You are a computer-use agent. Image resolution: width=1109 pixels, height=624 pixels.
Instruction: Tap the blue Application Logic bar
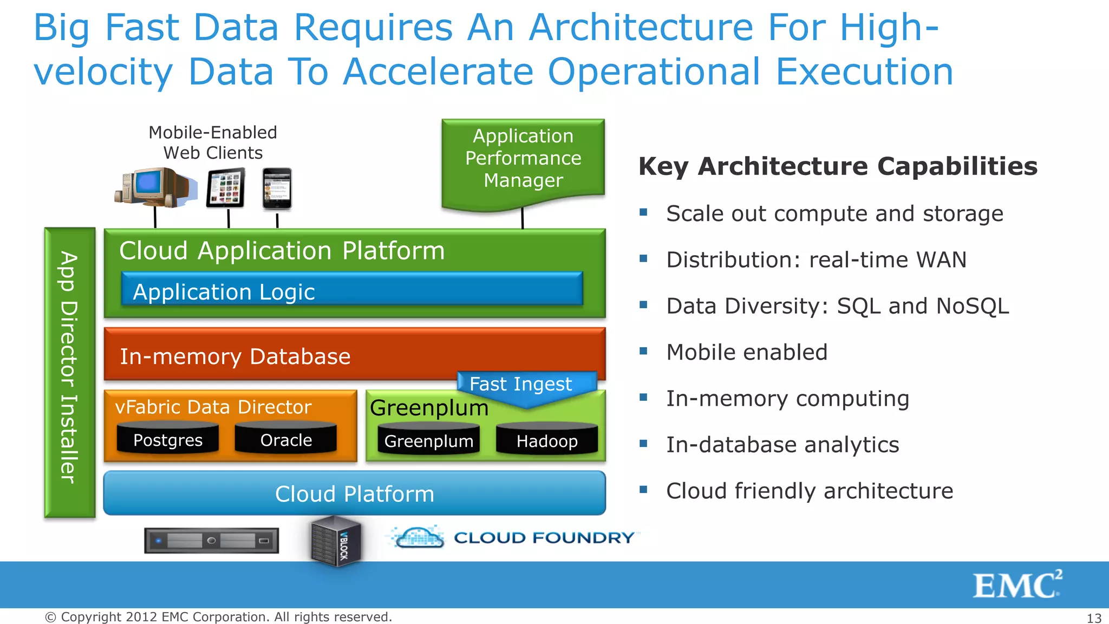352,289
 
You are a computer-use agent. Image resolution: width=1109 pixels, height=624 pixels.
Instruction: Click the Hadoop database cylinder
547,439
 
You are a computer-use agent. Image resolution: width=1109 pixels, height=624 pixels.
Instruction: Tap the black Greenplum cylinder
429,439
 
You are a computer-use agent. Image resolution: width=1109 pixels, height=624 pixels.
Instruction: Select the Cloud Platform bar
355,493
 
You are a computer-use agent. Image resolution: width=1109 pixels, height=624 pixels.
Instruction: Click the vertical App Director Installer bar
69,372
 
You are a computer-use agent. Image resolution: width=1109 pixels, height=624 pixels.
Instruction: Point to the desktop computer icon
154,187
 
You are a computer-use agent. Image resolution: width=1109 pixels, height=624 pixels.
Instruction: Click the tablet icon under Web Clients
226,187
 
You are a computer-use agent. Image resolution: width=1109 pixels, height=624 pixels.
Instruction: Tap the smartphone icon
277,188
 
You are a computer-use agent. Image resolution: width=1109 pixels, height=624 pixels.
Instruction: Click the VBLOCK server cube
336,541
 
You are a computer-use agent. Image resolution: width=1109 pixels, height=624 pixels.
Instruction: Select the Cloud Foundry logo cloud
417,537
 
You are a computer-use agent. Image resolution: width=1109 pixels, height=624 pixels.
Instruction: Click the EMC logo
1017,584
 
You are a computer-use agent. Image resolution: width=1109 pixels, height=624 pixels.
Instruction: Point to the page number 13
1094,618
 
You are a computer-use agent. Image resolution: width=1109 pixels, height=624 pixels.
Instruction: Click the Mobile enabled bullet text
747,352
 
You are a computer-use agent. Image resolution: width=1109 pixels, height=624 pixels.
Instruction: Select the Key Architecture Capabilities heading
838,166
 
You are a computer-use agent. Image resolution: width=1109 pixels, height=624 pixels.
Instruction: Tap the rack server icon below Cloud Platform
212,540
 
